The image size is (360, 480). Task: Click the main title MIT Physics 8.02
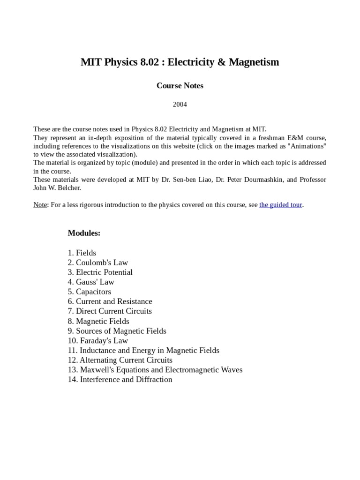tap(180, 62)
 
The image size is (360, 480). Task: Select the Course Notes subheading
tap(180, 86)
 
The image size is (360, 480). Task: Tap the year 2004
tap(180, 105)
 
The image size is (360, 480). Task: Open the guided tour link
tap(280, 205)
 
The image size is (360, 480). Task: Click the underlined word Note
tap(40, 205)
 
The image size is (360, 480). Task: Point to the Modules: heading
tap(84, 233)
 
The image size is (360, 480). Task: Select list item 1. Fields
tap(82, 253)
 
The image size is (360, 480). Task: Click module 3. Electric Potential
tap(100, 272)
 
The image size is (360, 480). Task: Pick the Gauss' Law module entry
tap(91, 282)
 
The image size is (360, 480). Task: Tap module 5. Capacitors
tap(90, 292)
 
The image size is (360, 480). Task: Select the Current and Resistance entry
tap(110, 301)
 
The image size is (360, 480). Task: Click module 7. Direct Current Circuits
tap(110, 311)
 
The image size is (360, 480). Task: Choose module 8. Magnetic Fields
tap(98, 321)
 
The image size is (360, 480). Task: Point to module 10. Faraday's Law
tap(98, 341)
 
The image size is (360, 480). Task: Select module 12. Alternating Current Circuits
tap(120, 360)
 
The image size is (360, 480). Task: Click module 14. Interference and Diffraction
tap(120, 380)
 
